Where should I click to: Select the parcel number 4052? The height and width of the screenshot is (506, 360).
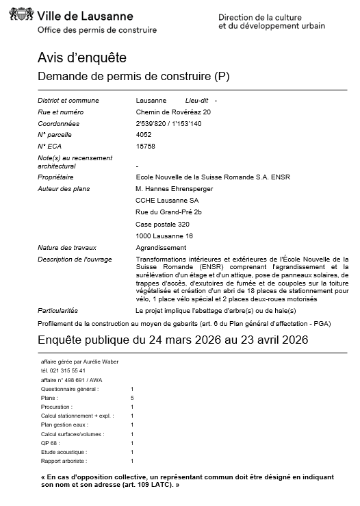[x=144, y=135]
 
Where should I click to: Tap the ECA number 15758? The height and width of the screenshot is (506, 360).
[x=146, y=146]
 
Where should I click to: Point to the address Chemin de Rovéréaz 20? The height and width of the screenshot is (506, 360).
[x=174, y=112]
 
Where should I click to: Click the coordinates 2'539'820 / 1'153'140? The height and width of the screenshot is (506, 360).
[x=169, y=123]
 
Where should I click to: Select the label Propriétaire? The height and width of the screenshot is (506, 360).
[x=56, y=177]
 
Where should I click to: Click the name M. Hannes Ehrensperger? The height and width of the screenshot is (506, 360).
[x=175, y=188]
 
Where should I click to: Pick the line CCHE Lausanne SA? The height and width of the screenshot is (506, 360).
[x=168, y=200]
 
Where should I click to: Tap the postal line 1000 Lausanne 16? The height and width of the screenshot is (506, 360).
[x=164, y=236]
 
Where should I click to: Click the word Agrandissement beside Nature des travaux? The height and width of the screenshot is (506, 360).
[x=161, y=247]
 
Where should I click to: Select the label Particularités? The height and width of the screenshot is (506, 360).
[x=58, y=310]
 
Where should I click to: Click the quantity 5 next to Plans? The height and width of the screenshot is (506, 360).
[x=132, y=398]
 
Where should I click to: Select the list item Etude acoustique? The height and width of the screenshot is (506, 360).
[x=60, y=452]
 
